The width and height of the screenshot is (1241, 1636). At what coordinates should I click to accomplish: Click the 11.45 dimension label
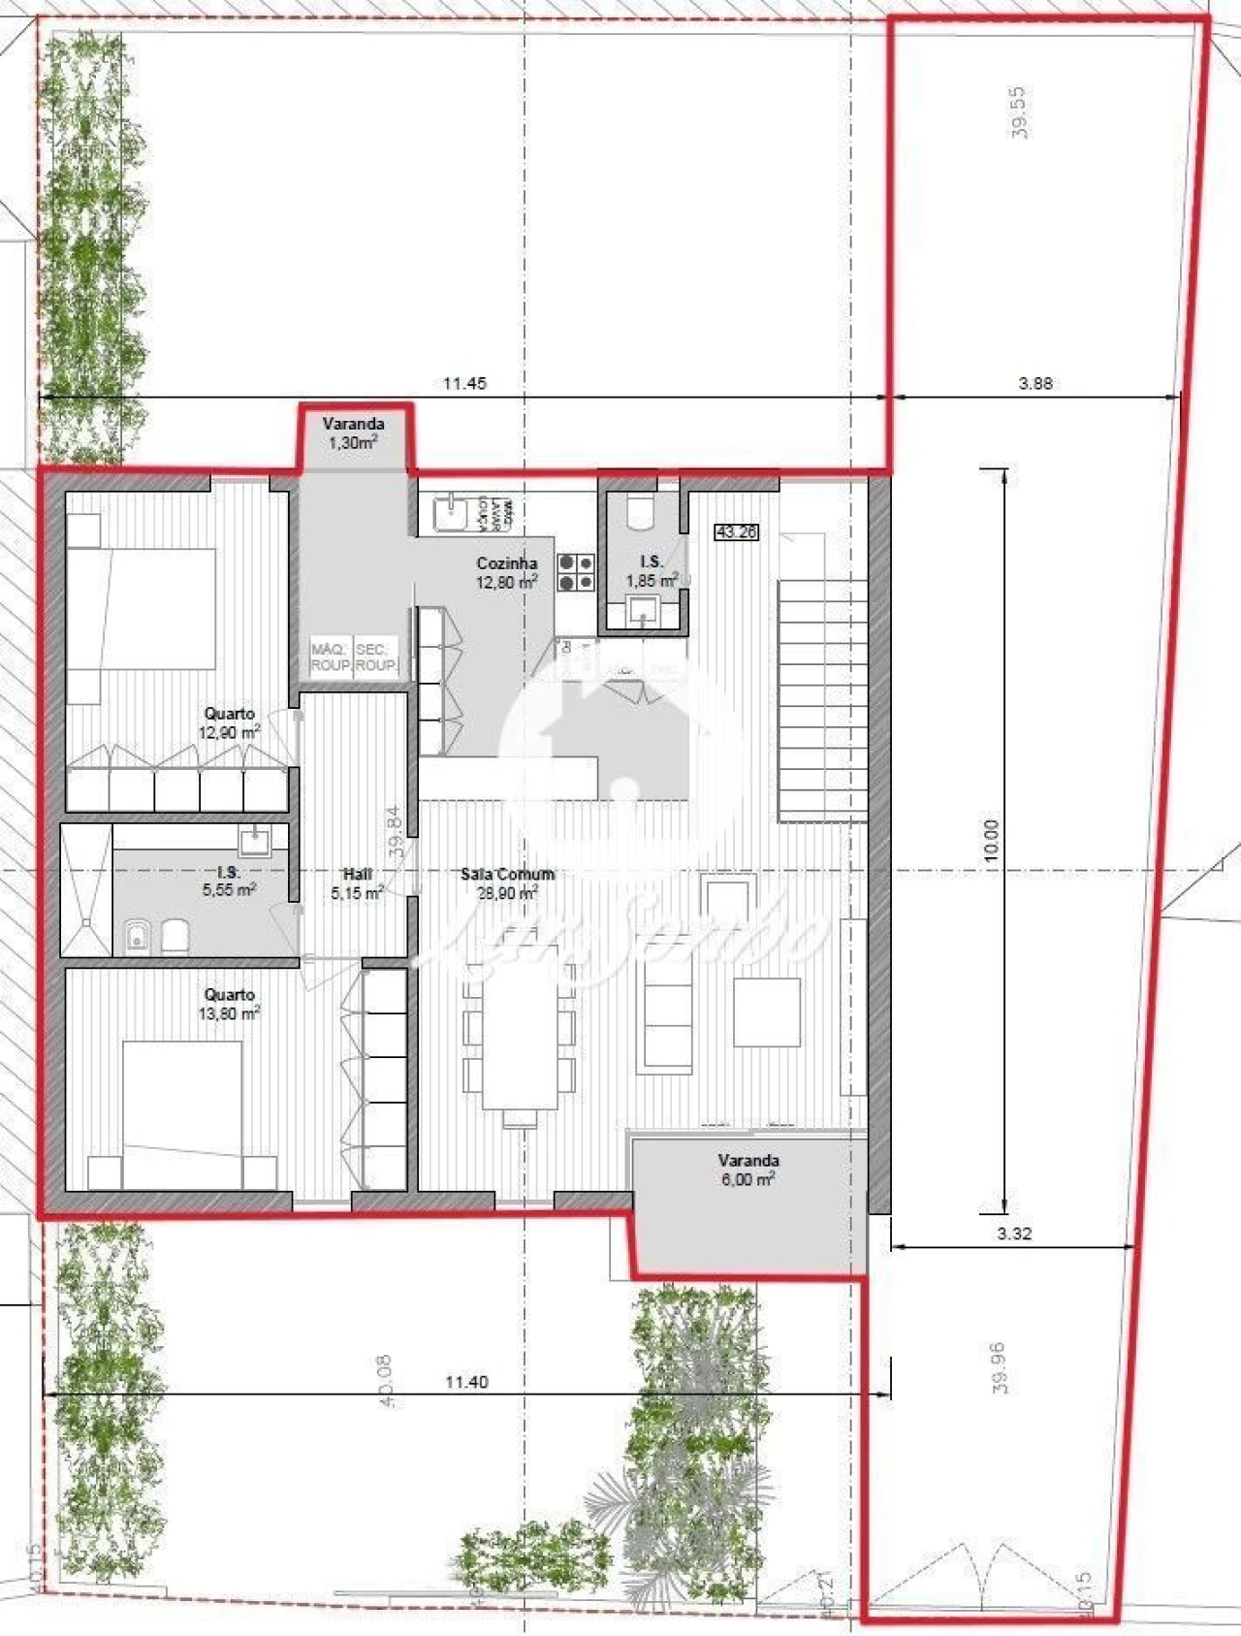click(464, 383)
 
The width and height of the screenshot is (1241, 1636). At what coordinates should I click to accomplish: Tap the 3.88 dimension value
click(1034, 383)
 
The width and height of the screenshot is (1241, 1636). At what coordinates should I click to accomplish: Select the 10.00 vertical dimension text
click(989, 840)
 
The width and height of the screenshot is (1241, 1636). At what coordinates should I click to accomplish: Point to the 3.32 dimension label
click(1013, 1234)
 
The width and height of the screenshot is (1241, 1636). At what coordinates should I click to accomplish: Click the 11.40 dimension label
click(466, 1382)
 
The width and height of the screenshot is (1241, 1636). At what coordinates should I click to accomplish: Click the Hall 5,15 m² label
click(357, 883)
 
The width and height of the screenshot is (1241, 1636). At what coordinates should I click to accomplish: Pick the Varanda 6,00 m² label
click(748, 1170)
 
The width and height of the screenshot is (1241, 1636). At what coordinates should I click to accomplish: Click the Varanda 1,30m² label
click(353, 433)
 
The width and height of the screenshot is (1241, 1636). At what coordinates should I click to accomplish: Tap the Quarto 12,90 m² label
click(229, 722)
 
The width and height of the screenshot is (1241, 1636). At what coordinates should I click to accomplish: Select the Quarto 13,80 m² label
click(229, 1004)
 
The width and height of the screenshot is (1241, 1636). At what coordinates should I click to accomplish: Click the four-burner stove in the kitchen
click(576, 572)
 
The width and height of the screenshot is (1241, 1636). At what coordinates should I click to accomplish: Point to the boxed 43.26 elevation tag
click(736, 532)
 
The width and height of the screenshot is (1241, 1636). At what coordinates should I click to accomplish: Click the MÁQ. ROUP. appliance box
click(331, 658)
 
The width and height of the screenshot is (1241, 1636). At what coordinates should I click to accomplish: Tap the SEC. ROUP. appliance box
click(375, 658)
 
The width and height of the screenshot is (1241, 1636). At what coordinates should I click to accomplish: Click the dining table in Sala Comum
click(521, 1039)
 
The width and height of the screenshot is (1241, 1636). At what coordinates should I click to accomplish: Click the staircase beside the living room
click(822, 698)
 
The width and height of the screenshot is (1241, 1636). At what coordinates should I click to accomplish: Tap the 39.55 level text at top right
click(1018, 112)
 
